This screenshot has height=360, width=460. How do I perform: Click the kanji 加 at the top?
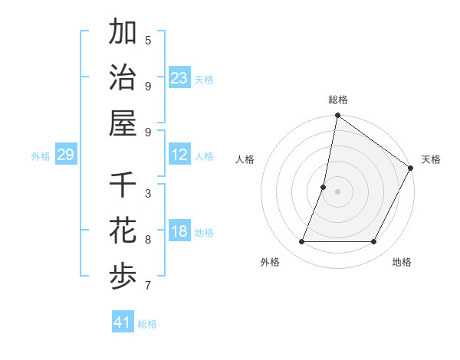point(123,33)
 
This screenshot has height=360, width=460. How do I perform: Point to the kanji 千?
point(123,186)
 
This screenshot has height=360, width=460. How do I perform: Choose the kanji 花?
point(123,231)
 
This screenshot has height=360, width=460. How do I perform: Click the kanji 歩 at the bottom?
point(123,277)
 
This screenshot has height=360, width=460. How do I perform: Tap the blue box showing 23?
point(179,78)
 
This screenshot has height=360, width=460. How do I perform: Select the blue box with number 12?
point(179,155)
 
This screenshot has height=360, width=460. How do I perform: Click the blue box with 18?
point(179,232)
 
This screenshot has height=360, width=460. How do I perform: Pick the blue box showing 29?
point(65,155)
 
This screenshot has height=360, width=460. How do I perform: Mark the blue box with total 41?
point(123,322)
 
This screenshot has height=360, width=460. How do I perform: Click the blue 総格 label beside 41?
point(147,324)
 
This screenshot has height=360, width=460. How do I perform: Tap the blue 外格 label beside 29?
point(41,156)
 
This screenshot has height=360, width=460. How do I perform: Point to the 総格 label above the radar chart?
point(337,100)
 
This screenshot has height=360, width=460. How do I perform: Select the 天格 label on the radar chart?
point(431,160)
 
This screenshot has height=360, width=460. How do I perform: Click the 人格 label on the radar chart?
point(245,160)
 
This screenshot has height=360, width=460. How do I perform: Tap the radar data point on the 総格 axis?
point(337,116)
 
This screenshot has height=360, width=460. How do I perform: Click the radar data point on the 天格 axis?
point(411,169)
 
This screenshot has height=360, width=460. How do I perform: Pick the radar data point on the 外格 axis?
point(301,242)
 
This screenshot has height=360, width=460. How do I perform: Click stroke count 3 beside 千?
point(148,194)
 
